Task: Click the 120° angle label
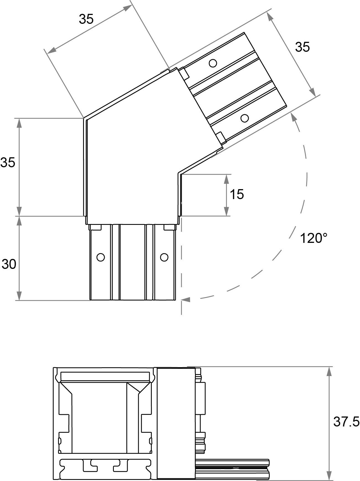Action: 314,238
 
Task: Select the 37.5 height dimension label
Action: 346,422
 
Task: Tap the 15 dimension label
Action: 237,194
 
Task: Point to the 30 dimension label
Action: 9,264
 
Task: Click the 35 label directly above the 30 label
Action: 8,163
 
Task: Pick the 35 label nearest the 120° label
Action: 302,47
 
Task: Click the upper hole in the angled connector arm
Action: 213,63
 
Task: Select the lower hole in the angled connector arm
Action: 245,118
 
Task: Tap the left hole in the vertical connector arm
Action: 101,257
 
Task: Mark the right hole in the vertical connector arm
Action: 164,257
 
